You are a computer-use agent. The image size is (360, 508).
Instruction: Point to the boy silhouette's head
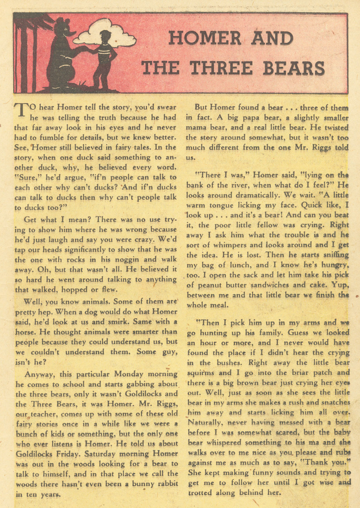(x=105, y=36)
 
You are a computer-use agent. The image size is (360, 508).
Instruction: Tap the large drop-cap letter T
(x=21, y=110)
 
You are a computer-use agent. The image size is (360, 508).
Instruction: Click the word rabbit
(x=166, y=484)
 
